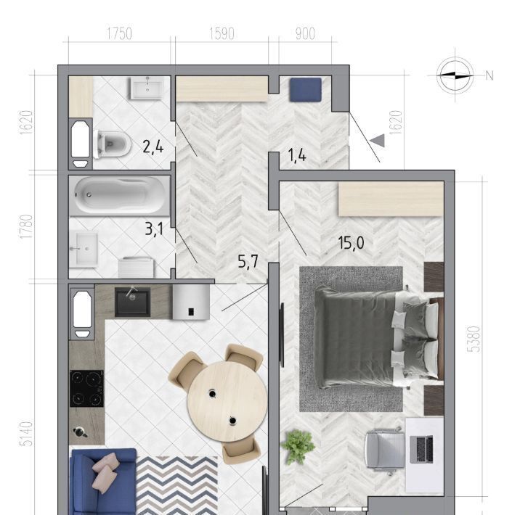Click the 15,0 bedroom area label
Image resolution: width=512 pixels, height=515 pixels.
351,243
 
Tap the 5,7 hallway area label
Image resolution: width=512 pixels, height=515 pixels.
248,262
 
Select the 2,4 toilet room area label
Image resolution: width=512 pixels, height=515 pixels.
153,147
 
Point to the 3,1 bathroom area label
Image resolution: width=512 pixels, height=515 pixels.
154,229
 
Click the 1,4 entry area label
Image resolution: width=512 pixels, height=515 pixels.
297,155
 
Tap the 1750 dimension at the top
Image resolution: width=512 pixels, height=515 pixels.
119,34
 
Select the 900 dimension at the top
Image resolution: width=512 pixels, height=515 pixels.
305,34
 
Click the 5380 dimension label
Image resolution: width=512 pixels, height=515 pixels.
474,339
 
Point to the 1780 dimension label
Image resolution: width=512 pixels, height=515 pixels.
26,226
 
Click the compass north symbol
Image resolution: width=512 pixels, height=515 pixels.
455,75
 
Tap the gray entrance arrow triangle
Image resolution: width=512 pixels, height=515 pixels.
378,141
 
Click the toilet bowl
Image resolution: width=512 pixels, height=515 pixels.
112,144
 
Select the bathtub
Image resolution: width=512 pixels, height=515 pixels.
119,196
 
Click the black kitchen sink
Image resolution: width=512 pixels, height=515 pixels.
132,302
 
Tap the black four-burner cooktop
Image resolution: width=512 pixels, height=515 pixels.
86,389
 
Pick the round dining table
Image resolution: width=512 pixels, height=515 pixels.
227,401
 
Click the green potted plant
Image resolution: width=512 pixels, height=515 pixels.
298,447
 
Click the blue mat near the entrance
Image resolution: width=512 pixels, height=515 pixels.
305,90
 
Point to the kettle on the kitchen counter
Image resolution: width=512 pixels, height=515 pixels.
80,432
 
